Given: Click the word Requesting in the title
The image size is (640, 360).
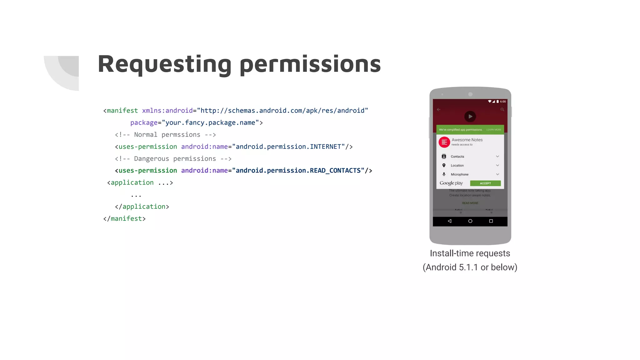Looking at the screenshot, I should click(x=165, y=64).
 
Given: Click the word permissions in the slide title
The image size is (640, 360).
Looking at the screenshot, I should click(x=310, y=64).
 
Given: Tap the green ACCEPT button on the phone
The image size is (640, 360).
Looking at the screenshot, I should click(x=485, y=183).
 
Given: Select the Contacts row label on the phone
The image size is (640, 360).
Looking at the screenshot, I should click(x=457, y=157).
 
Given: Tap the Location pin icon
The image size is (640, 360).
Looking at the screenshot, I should click(x=444, y=165).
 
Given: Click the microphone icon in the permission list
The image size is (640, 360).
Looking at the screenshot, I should click(x=444, y=174).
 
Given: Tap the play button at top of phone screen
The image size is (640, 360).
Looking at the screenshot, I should click(x=470, y=117).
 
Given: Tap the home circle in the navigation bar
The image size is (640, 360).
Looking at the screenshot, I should click(x=470, y=221).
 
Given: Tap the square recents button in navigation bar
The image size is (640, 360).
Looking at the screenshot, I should click(x=491, y=221).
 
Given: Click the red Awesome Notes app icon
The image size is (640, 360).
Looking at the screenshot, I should click(x=444, y=142).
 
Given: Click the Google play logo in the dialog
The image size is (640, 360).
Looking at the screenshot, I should click(x=451, y=183).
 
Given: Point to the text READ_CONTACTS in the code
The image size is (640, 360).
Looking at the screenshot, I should click(x=335, y=171).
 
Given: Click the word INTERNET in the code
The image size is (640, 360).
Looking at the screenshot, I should click(x=325, y=147).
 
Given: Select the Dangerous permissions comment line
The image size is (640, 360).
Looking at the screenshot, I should click(x=173, y=159).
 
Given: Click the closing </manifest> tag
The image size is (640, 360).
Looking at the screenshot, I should click(x=124, y=219).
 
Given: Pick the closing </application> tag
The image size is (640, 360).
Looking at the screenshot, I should click(x=142, y=207).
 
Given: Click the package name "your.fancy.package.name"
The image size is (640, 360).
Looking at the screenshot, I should click(x=210, y=123).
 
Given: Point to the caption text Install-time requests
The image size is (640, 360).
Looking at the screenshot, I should click(x=470, y=253).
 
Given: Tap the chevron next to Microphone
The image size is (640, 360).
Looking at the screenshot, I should click(x=497, y=174).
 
